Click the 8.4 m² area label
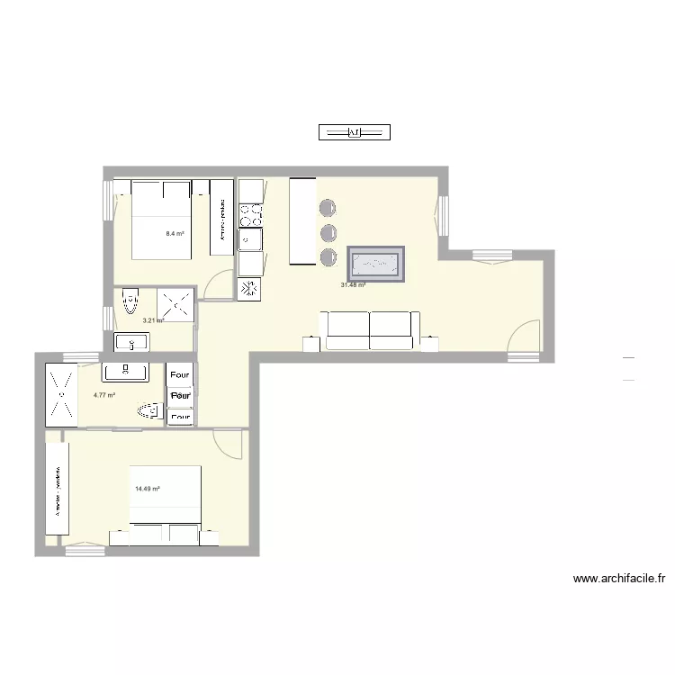click(x=175, y=234)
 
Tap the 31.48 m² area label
click(x=353, y=285)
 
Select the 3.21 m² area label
click(x=153, y=320)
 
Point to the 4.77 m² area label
click(x=104, y=395)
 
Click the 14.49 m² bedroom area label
click(x=148, y=489)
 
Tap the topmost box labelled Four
click(x=180, y=374)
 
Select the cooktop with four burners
click(x=250, y=215)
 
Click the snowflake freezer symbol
click(x=249, y=289)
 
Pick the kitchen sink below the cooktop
click(x=249, y=239)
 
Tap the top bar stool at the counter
click(x=327, y=209)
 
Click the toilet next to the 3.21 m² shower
click(x=130, y=301)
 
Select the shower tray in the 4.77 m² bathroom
click(x=60, y=393)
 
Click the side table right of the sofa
click(x=430, y=343)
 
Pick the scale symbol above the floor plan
click(x=354, y=133)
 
